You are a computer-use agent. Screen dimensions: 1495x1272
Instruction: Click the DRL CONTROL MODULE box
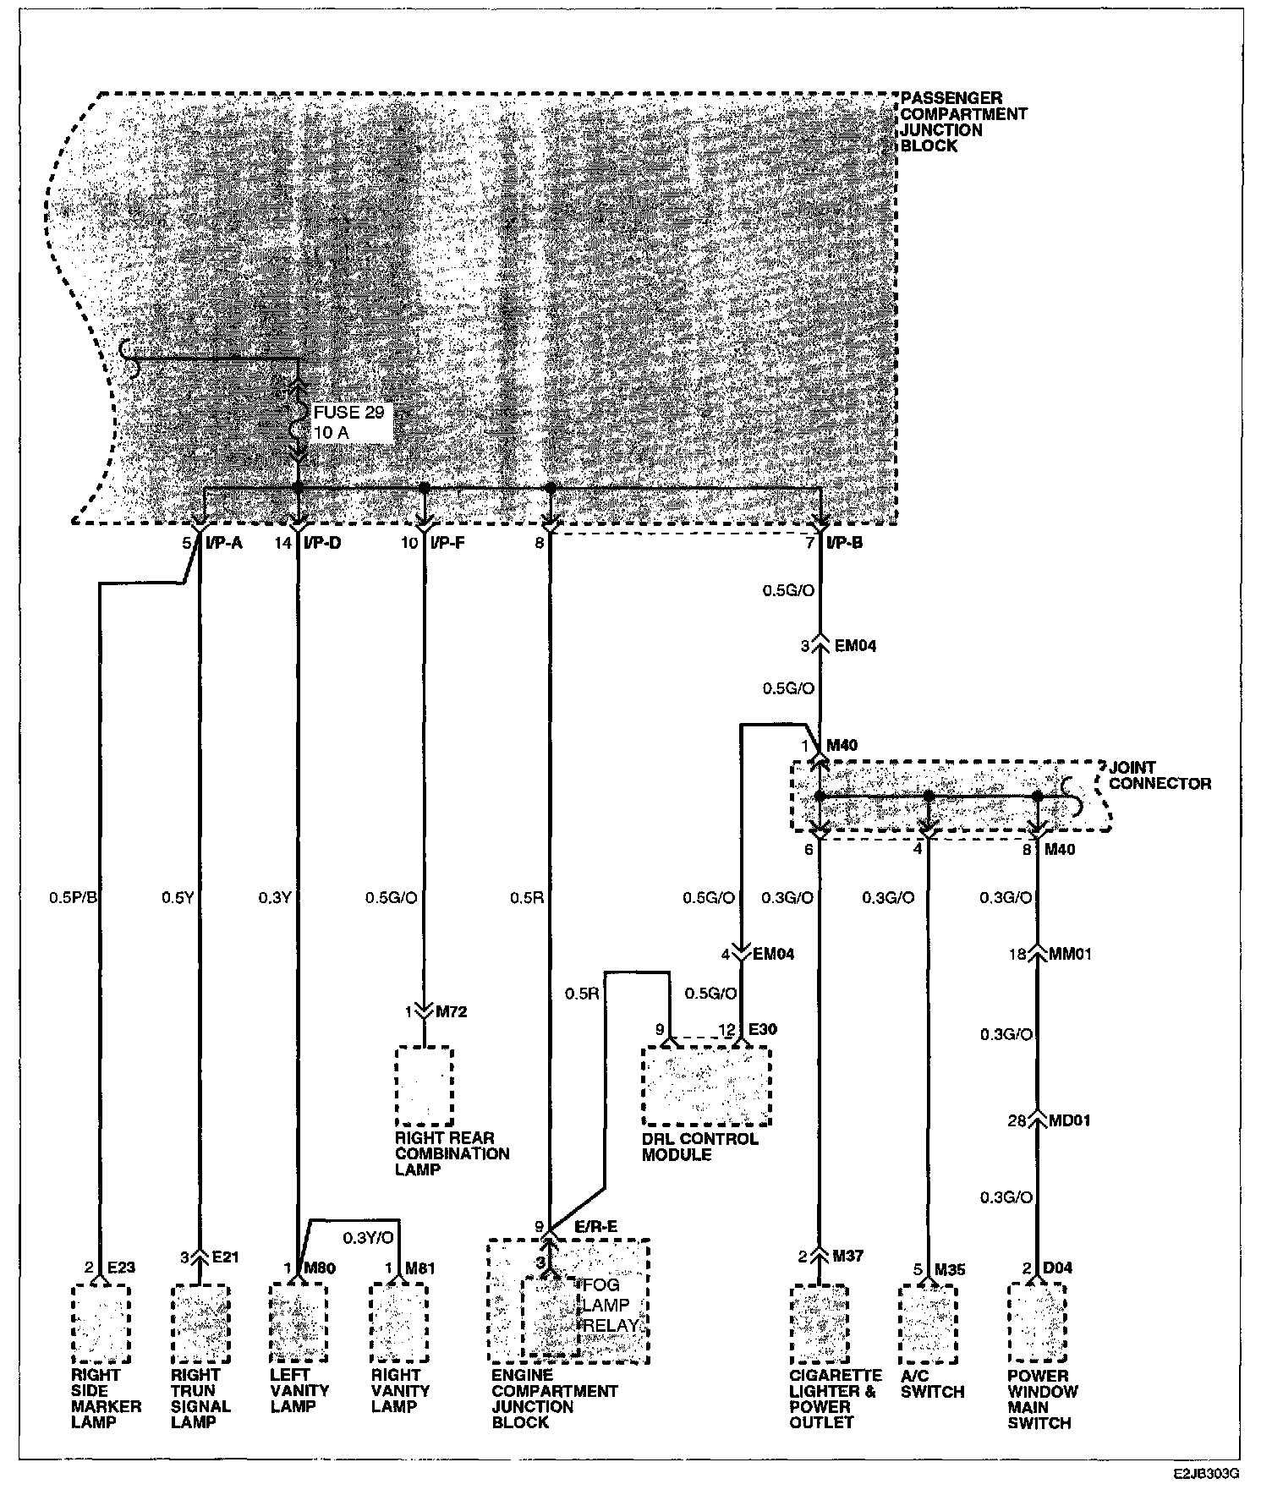[705, 1086]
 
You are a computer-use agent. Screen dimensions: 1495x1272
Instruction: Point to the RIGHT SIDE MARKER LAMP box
[101, 1323]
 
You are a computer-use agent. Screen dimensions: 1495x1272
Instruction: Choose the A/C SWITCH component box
[928, 1323]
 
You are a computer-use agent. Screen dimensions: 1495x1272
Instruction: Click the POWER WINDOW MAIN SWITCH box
[1037, 1323]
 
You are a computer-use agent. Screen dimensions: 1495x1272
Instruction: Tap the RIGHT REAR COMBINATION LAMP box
[425, 1087]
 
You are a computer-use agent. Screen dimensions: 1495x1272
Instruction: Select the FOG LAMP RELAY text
[608, 1305]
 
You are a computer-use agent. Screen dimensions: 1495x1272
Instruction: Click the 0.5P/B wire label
[73, 897]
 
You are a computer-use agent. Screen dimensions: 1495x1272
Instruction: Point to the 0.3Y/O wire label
[368, 1237]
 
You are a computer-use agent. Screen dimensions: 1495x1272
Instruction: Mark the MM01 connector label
[1072, 954]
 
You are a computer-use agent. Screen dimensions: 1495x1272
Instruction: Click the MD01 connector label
[1071, 1120]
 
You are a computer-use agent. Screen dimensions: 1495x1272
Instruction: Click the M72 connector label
[451, 1011]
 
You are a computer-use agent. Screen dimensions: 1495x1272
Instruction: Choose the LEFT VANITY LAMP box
[298, 1323]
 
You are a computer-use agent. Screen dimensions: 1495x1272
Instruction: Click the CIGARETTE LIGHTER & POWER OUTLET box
[819, 1323]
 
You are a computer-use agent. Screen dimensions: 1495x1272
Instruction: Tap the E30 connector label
[762, 1029]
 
